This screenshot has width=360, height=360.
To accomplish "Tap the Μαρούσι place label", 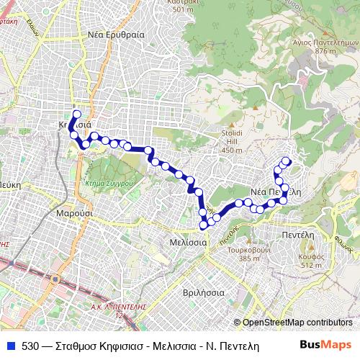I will coord(73,214).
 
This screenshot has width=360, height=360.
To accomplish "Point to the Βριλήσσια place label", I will coord(204,294).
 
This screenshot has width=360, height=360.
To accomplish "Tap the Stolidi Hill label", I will coord(233,138).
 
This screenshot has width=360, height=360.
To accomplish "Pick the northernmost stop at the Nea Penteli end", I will coord(287,161).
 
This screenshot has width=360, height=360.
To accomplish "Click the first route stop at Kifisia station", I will coord(76,114).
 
